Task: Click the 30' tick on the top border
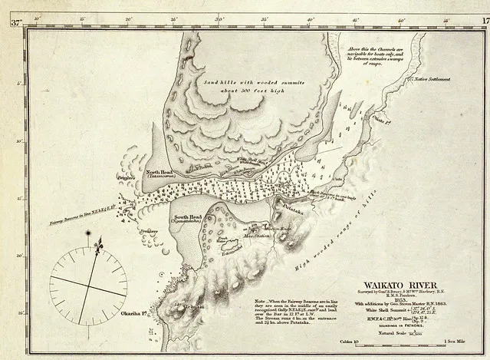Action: tap(219, 16)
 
